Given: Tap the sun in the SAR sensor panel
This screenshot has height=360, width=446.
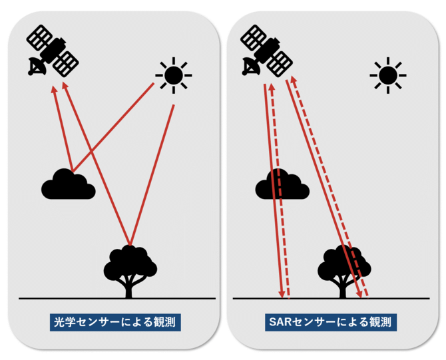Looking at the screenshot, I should click(387, 75).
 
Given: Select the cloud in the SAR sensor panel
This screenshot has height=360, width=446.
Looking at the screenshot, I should click(281, 184).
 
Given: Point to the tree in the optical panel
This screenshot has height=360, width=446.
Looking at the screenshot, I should click(130, 266).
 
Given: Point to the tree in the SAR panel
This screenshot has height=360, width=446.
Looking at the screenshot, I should click(343, 266).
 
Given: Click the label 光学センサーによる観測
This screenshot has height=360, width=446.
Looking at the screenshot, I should click(116, 323).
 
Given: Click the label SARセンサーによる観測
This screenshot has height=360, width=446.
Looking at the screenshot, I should click(331, 323).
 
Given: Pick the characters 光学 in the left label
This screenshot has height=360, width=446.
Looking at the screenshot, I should click(67, 323).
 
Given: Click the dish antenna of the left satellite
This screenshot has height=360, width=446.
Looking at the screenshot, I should click(35, 67).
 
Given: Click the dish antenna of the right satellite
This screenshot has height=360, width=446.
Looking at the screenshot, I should click(250, 67).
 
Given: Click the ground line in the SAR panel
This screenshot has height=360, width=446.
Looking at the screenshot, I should click(399, 299).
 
